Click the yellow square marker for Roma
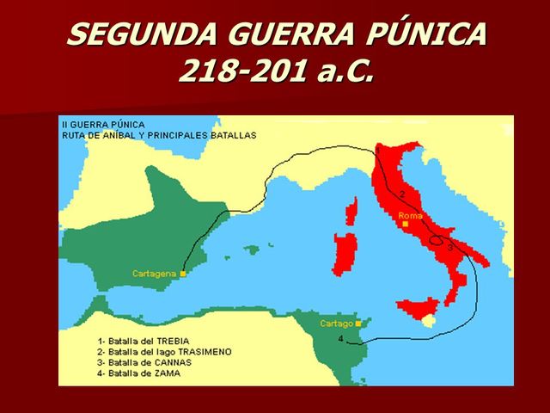(404, 224)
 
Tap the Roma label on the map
(411, 215)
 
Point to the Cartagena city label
(154, 274)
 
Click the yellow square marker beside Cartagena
(183, 274)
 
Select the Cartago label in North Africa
(336, 324)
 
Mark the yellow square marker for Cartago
(357, 324)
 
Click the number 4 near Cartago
(341, 339)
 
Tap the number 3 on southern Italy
(450, 248)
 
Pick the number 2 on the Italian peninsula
(402, 194)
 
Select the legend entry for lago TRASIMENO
(164, 352)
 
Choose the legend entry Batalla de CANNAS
(144, 362)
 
